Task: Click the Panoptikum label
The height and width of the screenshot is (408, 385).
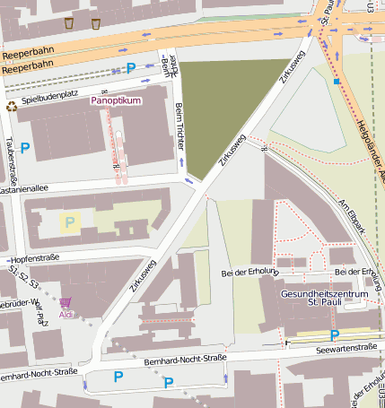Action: [x=116, y=101]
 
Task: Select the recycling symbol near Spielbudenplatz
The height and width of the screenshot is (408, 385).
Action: [x=11, y=106]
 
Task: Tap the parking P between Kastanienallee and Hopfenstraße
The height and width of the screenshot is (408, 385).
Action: [x=69, y=221]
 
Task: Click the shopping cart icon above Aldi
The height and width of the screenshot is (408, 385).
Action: [x=66, y=303]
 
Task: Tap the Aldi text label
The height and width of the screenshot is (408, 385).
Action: [x=66, y=315]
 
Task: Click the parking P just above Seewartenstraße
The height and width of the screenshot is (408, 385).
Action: [x=335, y=334]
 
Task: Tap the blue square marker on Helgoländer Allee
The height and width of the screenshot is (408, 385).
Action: [x=337, y=82]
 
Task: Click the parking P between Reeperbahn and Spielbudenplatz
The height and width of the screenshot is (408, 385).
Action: [x=131, y=67]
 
